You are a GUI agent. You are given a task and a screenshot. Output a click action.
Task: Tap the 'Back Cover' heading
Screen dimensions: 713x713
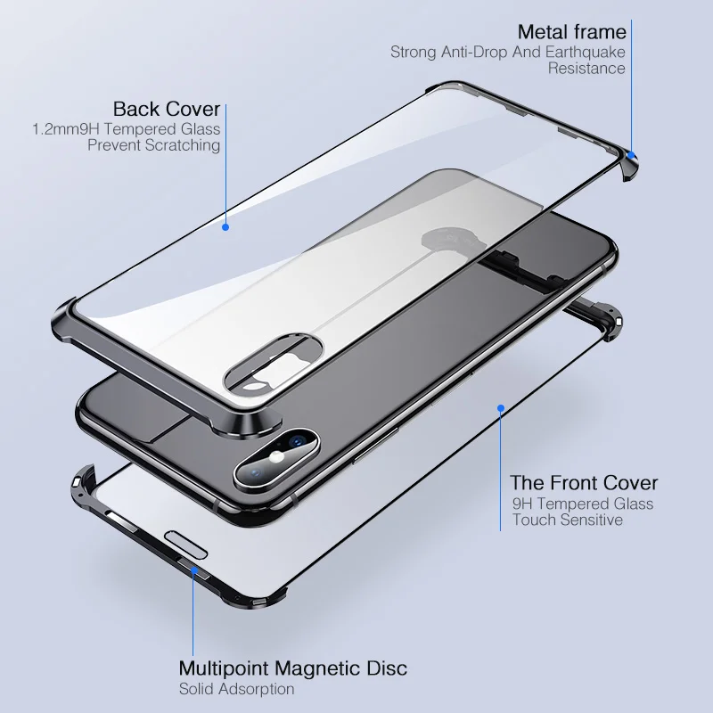[166, 109]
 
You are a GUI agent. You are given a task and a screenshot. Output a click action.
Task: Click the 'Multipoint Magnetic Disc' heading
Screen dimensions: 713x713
[293, 668]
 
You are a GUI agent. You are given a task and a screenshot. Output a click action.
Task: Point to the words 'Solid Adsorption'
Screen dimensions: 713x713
[236, 688]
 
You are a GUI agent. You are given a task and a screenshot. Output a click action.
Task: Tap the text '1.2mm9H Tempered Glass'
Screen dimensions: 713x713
[127, 129]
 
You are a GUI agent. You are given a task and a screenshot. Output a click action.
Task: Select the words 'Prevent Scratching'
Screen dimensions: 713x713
[153, 145]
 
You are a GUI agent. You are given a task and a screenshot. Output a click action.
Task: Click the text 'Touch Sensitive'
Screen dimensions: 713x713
[567, 520]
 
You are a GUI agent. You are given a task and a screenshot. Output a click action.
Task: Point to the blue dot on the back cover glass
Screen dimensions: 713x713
[225, 226]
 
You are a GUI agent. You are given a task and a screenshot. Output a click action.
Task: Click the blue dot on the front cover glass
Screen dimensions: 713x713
[501, 408]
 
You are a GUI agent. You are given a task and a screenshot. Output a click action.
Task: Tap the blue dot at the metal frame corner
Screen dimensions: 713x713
[630, 153]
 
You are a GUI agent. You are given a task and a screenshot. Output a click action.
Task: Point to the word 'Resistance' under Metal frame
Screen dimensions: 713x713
[586, 68]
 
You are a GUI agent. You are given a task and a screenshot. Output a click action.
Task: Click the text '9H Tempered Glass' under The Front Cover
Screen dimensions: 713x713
[582, 504]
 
